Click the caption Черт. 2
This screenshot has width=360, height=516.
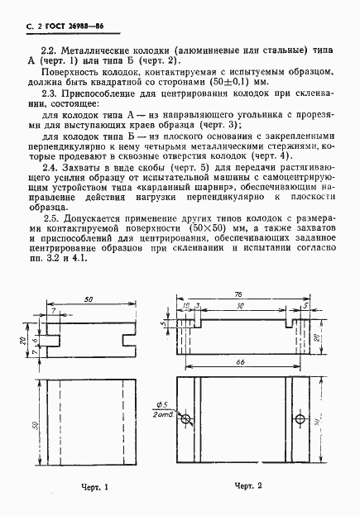coord(248,485)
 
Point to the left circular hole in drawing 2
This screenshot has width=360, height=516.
coord(188,419)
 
